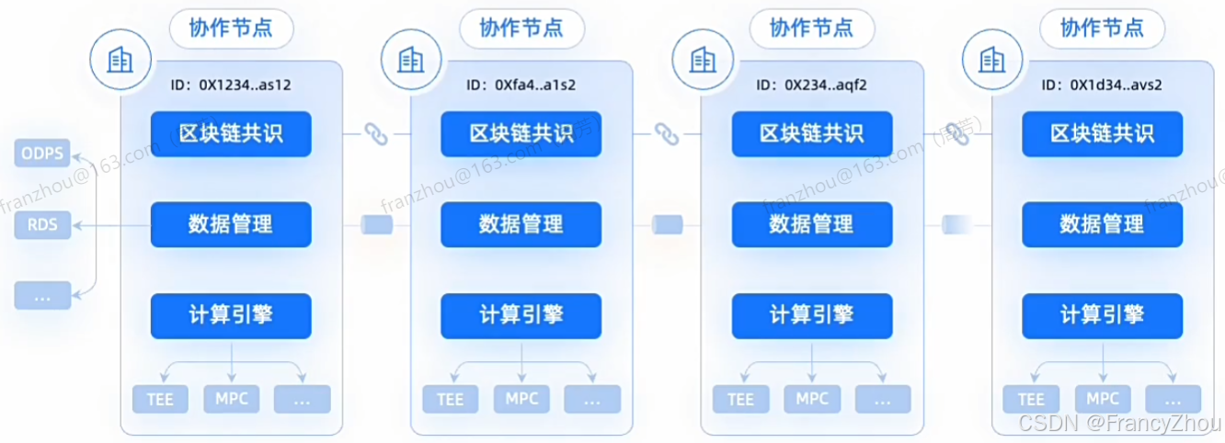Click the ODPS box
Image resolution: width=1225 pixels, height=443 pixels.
point(43,153)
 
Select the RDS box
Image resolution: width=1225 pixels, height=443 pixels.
point(43,224)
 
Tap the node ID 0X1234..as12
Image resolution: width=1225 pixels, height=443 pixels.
point(232,85)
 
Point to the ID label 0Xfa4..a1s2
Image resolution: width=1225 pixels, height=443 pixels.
point(521,85)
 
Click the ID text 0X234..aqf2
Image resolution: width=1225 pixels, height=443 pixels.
point(812,85)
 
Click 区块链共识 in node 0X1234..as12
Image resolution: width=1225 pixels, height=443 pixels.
point(232,133)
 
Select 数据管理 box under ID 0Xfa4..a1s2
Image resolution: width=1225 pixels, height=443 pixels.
point(521,223)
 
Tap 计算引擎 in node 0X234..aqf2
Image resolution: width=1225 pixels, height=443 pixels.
point(812,315)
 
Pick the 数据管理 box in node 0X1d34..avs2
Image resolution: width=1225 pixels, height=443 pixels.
point(1102,223)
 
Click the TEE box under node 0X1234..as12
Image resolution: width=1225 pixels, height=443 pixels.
point(160,400)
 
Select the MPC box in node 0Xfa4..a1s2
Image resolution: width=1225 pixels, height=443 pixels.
point(521,399)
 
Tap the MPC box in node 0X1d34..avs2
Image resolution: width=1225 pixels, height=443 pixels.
point(1102,399)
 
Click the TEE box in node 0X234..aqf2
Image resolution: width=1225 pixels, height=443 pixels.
point(740,400)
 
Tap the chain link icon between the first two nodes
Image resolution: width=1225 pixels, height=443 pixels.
point(374,134)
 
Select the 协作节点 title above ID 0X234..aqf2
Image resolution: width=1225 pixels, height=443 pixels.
point(812,28)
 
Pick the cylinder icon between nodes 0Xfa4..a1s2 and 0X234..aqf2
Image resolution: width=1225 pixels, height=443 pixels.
point(666,224)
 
